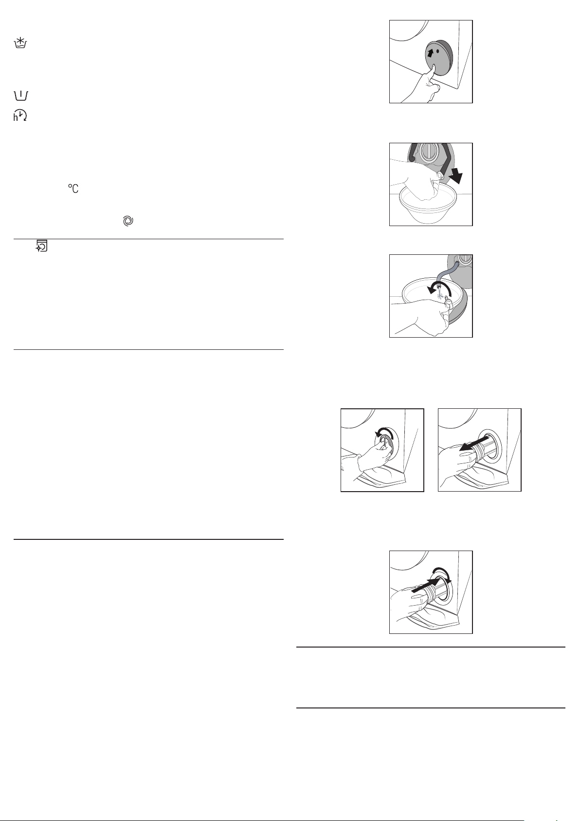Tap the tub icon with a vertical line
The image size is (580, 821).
[x=20, y=96]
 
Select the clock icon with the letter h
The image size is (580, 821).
[x=20, y=115]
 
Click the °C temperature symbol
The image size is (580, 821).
[x=73, y=189]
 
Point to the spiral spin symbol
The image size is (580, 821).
[x=128, y=221]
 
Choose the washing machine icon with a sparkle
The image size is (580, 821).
[x=42, y=246]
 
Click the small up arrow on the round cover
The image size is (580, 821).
[x=431, y=53]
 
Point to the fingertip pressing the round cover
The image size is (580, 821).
[x=433, y=67]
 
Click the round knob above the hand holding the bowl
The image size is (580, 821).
[x=429, y=152]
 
